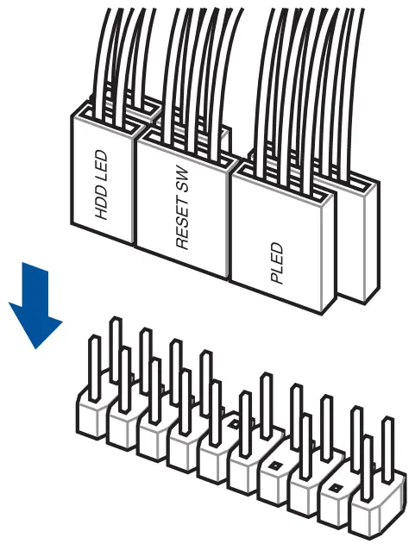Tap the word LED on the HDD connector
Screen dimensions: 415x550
tap(101, 162)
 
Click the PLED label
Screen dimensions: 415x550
tap(277, 262)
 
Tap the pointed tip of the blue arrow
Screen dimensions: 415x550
tap(36, 348)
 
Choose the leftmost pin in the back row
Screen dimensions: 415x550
tap(116, 349)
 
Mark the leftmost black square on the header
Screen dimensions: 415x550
tap(232, 424)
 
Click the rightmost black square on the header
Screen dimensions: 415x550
tap(336, 487)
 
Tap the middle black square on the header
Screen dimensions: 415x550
tap(275, 466)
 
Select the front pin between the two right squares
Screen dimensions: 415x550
tap(306, 446)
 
